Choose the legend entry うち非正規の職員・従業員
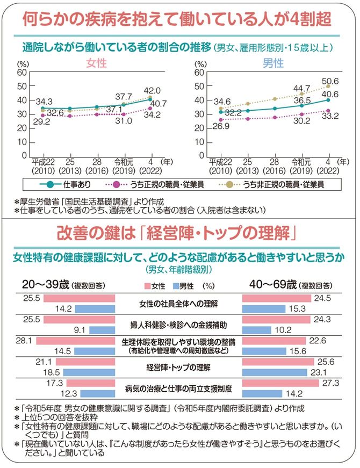[x=283, y=184]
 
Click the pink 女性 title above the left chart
[x=99, y=63]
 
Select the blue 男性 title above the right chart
[x=272, y=63]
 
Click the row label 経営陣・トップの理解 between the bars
[x=179, y=368]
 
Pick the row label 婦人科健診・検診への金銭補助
[x=179, y=326]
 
